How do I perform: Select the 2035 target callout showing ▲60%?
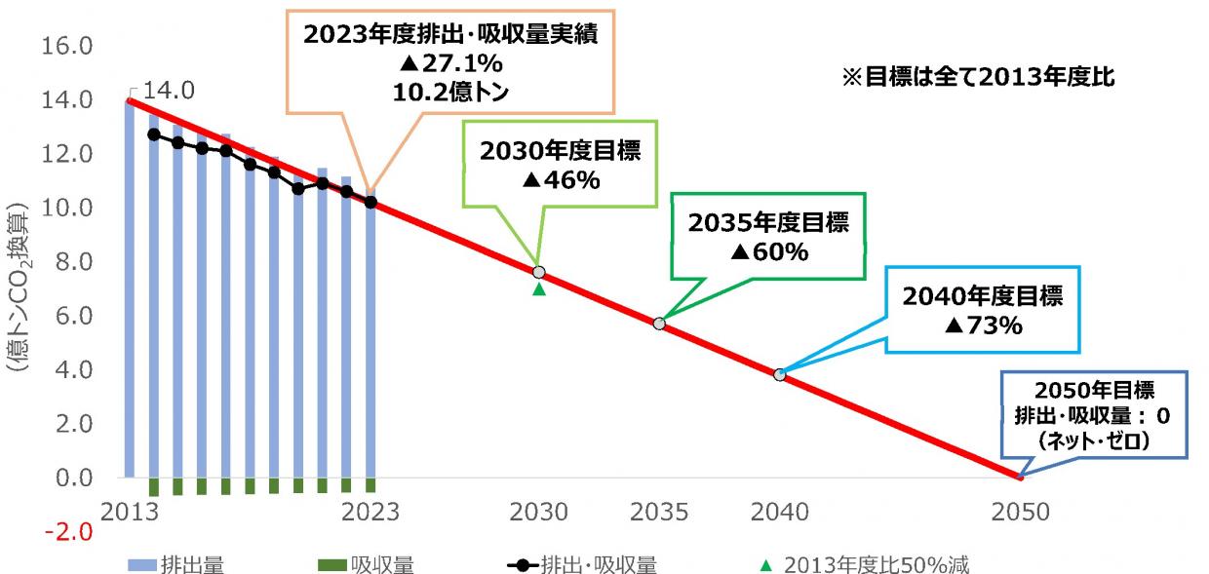769,237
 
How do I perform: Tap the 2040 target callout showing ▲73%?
983,311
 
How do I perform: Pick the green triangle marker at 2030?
539,288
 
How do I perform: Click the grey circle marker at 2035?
659,324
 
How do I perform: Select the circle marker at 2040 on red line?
779,374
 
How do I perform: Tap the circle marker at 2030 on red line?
539,272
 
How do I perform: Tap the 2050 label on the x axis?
1019,512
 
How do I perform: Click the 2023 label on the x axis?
370,512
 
